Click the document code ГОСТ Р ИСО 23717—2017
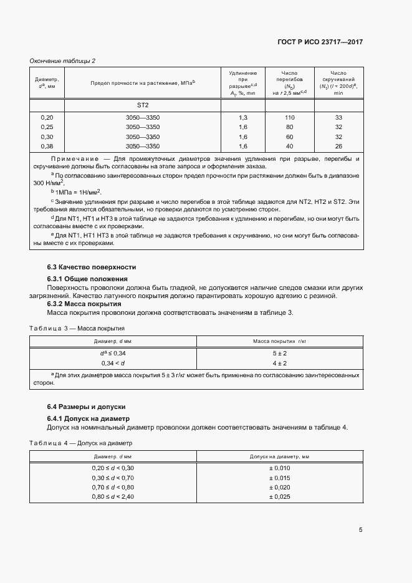tap(320, 41)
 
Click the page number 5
tap(361, 530)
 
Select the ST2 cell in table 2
tap(143, 105)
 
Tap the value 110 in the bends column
tap(289, 118)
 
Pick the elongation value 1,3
tap(243, 118)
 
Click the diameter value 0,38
tap(47, 146)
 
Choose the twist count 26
tap(338, 146)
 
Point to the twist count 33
tap(338, 118)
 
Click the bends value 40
tap(289, 146)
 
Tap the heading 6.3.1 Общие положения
tap(87, 278)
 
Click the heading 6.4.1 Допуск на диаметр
tap(88, 418)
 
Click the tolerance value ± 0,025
tap(279, 496)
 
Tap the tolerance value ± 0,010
tap(279, 468)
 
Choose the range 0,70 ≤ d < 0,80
tap(113, 487)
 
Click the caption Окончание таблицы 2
tap(63, 60)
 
